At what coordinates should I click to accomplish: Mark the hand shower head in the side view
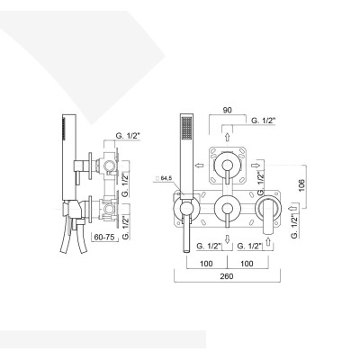pyautogui.click(x=65, y=135)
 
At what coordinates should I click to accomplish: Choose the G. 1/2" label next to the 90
pyautogui.click(x=267, y=121)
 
